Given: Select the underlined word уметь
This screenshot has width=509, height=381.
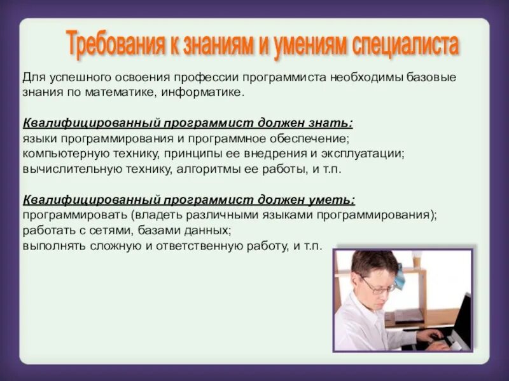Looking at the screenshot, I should click(331, 200).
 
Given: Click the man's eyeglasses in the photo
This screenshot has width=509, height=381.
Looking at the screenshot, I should click(378, 284).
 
